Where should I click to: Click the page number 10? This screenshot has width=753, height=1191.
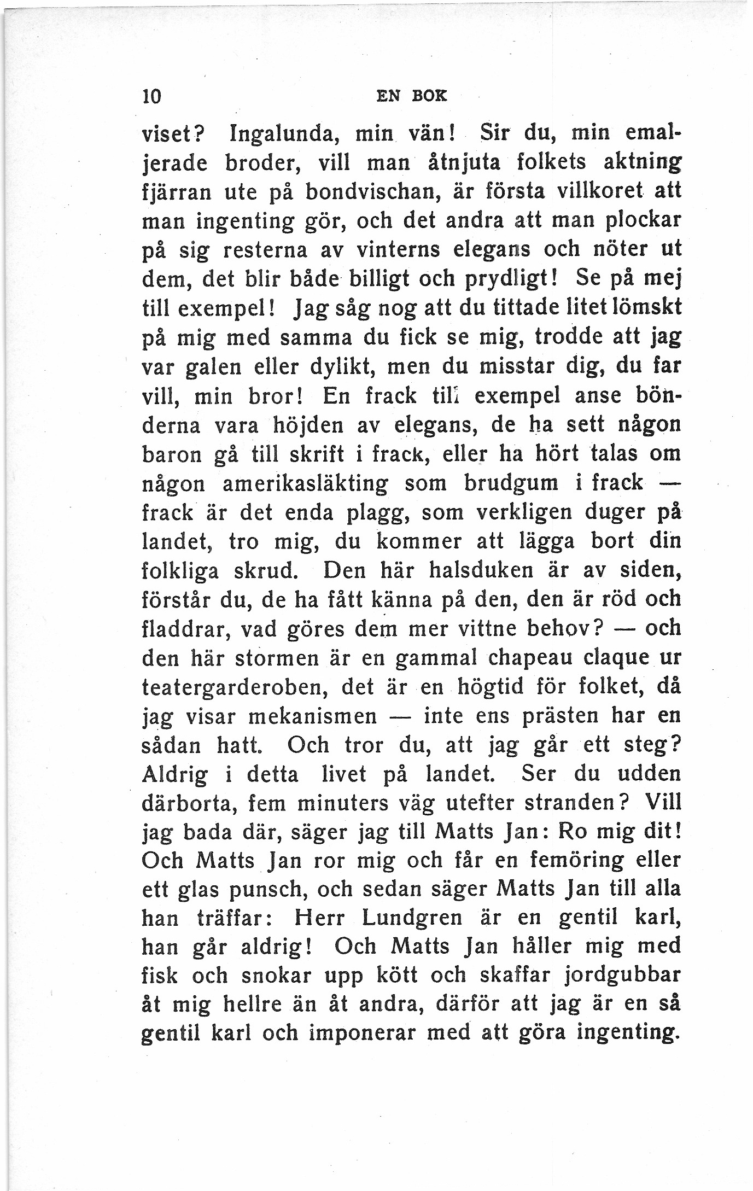[x=150, y=96]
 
